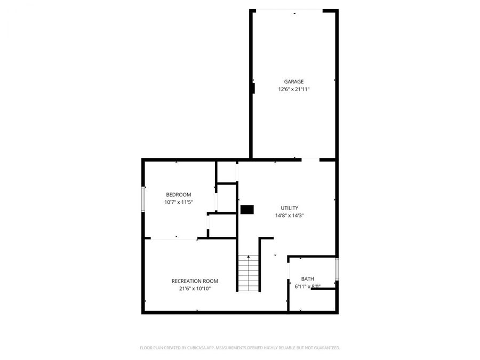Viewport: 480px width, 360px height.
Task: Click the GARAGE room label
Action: [x=294, y=82]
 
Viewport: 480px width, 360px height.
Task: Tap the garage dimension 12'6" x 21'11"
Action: [x=294, y=89]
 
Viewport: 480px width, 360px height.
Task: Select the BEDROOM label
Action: [x=179, y=195]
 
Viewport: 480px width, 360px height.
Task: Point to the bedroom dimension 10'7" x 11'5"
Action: [x=179, y=203]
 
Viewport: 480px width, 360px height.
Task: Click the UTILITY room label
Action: [x=290, y=208]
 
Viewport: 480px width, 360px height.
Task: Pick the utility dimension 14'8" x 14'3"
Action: [x=290, y=215]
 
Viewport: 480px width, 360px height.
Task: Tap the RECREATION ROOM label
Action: [x=195, y=281]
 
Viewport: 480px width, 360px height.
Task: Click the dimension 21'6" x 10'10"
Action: [x=195, y=289]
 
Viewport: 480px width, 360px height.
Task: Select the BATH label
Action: [x=308, y=279]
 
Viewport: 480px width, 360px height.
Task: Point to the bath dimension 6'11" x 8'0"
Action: [x=308, y=286]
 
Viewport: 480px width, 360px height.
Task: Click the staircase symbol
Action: [x=248, y=273]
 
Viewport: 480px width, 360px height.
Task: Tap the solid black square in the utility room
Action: [x=246, y=210]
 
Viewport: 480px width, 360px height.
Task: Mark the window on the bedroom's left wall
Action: [x=143, y=198]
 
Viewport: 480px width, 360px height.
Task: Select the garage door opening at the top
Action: [x=294, y=10]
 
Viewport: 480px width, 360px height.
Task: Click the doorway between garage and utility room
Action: [x=310, y=159]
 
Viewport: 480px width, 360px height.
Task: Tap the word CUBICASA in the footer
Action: [x=191, y=348]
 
